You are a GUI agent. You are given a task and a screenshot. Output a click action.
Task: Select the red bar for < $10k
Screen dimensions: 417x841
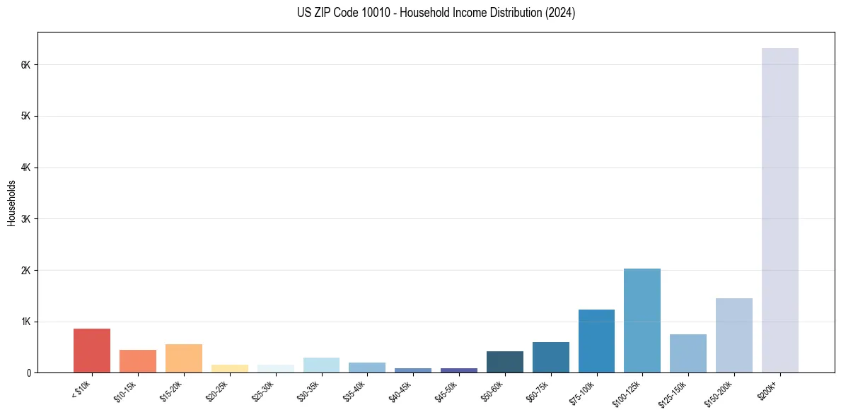tap(92, 351)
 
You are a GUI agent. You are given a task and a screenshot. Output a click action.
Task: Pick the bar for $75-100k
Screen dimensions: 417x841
tap(596, 341)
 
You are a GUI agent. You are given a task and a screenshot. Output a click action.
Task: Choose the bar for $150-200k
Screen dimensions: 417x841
tap(733, 335)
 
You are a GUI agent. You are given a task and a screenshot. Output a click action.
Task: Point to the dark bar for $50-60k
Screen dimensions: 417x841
tap(504, 362)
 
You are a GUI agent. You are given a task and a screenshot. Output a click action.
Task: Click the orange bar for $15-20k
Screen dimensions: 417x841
tap(184, 358)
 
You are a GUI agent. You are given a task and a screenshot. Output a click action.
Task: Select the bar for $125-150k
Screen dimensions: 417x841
tap(688, 353)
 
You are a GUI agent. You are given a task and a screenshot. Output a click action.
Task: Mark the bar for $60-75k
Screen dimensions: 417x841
tap(550, 357)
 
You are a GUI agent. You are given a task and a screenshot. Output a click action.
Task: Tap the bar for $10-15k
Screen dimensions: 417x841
tap(138, 361)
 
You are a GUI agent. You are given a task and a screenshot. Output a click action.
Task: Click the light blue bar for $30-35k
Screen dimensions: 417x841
tap(321, 365)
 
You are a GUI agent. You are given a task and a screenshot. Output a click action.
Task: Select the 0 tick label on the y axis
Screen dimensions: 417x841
tap(30, 372)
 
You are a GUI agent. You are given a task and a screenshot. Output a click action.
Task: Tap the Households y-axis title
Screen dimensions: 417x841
tap(11, 203)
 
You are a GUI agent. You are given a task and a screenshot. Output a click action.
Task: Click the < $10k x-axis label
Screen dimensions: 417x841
tap(81, 389)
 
